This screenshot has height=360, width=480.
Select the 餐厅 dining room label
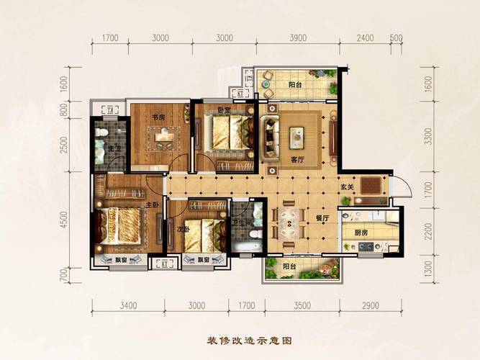click(x=322, y=217)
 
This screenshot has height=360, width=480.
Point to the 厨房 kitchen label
click(x=363, y=233)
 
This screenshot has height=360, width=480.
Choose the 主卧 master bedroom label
click(x=152, y=205)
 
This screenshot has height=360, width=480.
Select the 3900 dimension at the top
click(x=298, y=38)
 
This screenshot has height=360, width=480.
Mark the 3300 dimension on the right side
click(x=429, y=135)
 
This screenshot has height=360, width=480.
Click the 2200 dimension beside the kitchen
click(x=429, y=231)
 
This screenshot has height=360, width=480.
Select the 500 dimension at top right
click(x=395, y=38)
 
